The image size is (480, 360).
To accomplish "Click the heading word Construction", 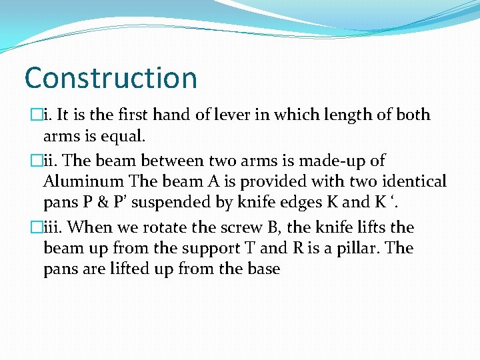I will coord(111,78).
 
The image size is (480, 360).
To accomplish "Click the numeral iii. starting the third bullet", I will coord(55,227).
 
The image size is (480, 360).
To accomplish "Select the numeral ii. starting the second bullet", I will coord(53,161).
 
